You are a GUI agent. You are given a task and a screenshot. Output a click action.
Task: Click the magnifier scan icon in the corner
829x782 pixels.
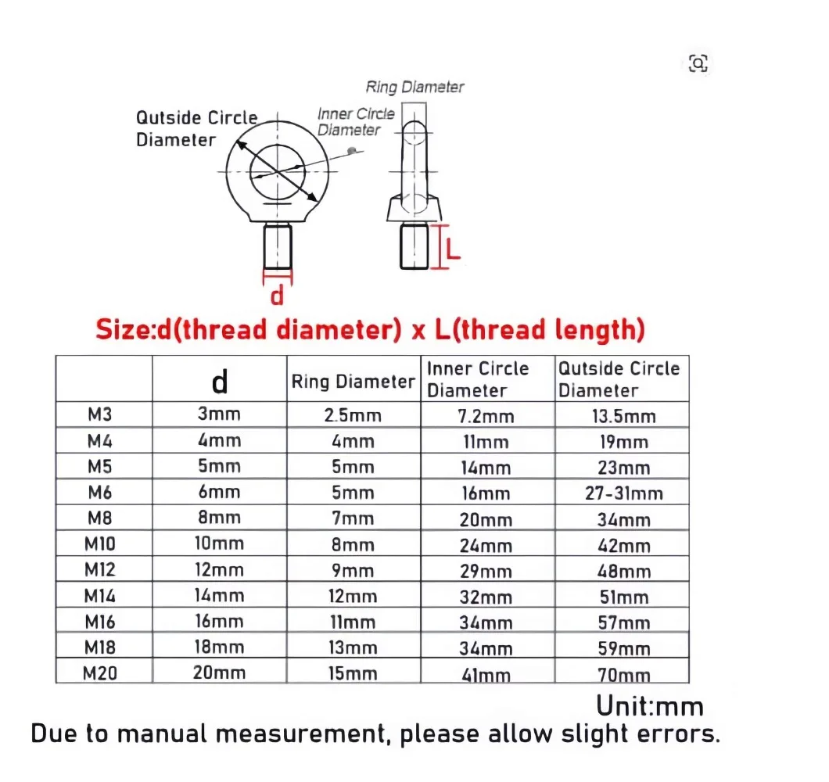point(698,63)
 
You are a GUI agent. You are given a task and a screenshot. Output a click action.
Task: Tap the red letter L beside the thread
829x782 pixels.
point(453,249)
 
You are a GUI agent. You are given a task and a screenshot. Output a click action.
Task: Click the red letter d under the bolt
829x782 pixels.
point(277,295)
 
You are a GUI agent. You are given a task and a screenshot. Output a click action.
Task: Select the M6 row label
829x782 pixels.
point(100,492)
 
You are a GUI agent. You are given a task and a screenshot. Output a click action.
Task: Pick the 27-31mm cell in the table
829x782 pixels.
point(624,493)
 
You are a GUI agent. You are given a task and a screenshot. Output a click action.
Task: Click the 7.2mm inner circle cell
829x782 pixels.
point(486,417)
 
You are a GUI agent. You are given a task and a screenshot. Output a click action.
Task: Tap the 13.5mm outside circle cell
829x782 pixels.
point(624,417)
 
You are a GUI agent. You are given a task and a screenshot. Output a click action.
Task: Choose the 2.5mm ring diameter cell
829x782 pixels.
point(353,415)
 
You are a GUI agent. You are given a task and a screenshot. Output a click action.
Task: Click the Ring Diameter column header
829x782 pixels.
point(353,381)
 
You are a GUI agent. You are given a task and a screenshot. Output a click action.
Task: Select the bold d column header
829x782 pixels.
point(220,381)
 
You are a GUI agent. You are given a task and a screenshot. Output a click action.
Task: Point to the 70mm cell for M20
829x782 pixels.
point(624,675)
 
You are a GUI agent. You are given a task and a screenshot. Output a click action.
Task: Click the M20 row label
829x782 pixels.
point(100,673)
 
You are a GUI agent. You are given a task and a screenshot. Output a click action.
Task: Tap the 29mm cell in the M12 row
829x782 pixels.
point(486,571)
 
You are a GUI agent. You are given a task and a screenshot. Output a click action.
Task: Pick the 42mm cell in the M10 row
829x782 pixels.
point(624,546)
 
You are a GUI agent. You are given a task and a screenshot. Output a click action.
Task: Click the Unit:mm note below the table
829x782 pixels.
point(650,706)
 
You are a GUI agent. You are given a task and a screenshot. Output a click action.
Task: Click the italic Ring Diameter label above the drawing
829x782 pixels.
point(414,87)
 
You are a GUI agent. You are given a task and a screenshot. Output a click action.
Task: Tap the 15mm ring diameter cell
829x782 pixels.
point(353,673)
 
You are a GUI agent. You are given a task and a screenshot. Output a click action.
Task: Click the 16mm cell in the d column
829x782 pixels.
point(220,621)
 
